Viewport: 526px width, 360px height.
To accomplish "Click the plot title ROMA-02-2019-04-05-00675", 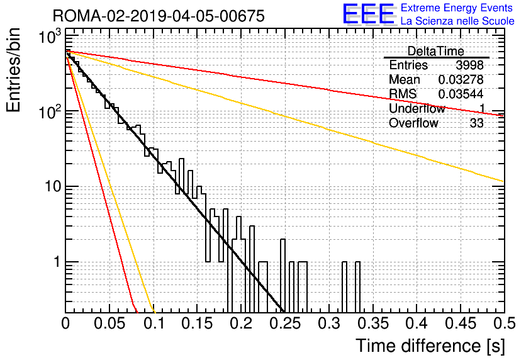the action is [x=159, y=16].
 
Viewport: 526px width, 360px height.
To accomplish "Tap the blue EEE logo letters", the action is [x=368, y=14].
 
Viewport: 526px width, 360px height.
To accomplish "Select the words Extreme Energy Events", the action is [x=457, y=8].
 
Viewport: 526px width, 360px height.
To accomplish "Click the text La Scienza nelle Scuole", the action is [x=457, y=21].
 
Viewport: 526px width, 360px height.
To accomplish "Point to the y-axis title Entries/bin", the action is [x=14, y=70].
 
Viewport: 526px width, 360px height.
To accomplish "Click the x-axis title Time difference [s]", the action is [x=430, y=346].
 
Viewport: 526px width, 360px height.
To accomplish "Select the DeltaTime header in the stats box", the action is [x=436, y=52].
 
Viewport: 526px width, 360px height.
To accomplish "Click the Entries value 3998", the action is [x=469, y=65].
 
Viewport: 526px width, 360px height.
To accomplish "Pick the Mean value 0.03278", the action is [x=461, y=79].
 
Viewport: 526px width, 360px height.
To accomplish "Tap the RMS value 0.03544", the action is [x=461, y=94].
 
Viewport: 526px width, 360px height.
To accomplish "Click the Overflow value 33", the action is [x=477, y=123].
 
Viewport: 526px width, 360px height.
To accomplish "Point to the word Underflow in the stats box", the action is [x=417, y=109].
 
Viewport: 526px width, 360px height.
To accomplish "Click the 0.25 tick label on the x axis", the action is [x=285, y=323].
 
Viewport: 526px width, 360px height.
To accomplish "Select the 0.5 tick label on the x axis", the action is [x=505, y=323].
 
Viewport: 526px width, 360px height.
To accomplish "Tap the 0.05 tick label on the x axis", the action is [x=109, y=323].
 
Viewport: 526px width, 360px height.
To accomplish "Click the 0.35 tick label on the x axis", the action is [x=373, y=323].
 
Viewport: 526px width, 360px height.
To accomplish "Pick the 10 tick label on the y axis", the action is [x=53, y=186].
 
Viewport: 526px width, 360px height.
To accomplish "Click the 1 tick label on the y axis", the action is [x=57, y=262].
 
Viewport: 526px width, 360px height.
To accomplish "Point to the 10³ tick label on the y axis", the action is [x=50, y=36].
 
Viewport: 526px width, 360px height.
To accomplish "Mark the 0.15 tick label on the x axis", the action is [x=198, y=323].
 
